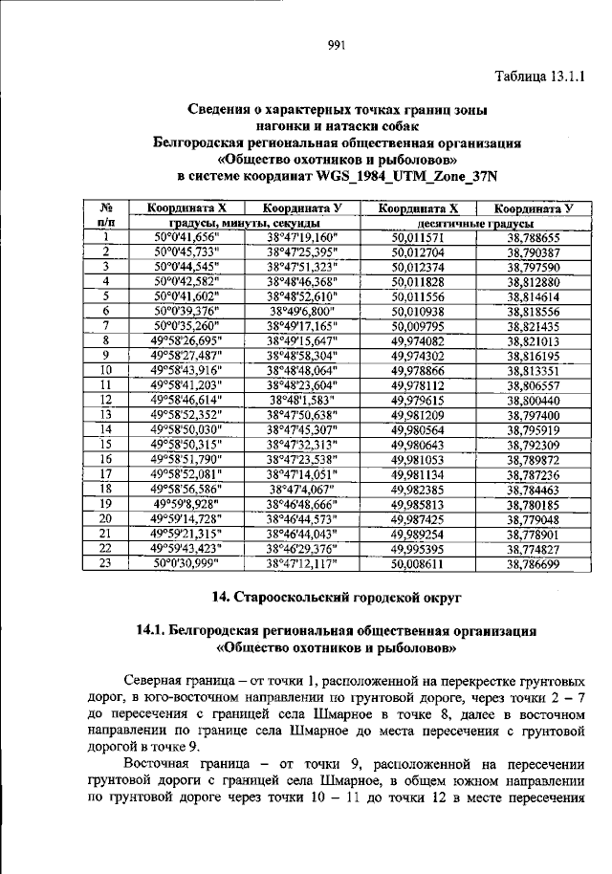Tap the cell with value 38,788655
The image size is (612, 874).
[x=532, y=237]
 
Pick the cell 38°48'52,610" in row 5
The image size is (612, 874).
[x=301, y=296]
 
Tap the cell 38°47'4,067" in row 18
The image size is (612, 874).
[x=301, y=489]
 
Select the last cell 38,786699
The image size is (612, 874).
[x=532, y=563]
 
